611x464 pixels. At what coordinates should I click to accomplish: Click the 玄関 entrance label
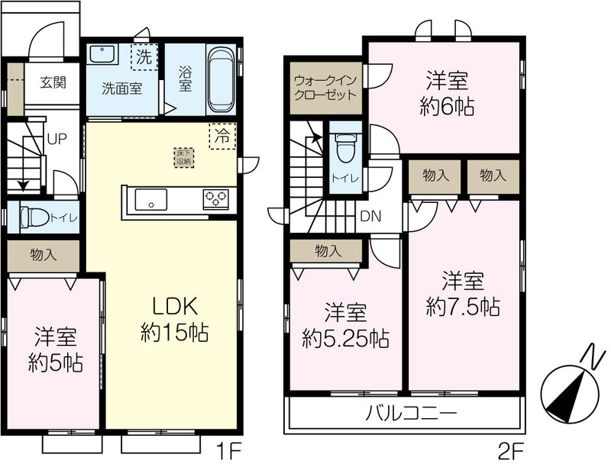coord(53,82)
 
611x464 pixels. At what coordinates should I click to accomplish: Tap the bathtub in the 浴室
coord(221,80)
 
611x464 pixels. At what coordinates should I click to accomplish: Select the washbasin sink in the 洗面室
coord(102,54)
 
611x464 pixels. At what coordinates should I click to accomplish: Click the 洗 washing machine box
coord(144,57)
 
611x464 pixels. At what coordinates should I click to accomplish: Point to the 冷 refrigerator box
coord(222,137)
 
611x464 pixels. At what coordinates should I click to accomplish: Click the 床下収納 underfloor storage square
coord(184,158)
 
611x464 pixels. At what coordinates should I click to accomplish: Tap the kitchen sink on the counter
coord(150,200)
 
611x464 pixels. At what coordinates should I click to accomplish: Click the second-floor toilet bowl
coord(346,148)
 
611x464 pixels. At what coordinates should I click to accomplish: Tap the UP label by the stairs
coord(57,139)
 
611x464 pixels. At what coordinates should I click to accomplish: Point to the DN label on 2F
coord(370,217)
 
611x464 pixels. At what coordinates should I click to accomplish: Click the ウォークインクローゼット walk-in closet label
coord(325,88)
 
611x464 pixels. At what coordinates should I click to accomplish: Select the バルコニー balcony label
coord(411,413)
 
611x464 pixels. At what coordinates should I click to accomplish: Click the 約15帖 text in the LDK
coord(174,333)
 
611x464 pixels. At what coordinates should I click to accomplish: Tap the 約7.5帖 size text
coord(463,306)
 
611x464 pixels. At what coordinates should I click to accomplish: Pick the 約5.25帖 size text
coord(346,338)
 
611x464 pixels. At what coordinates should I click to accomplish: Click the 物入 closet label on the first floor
coord(44,255)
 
